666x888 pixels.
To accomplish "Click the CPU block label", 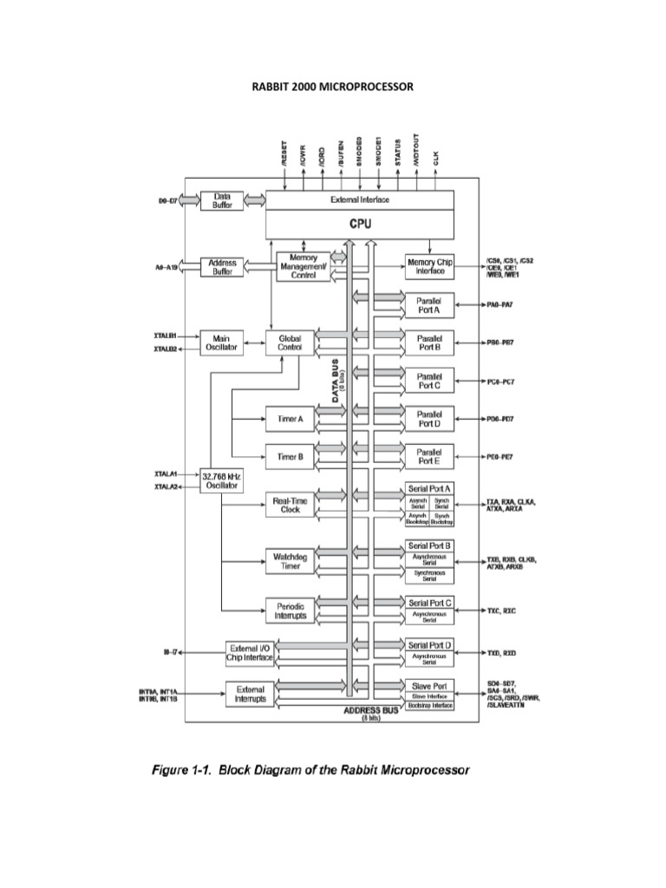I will point(359,224).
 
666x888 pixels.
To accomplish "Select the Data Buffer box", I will point(222,201).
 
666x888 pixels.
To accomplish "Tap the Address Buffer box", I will point(222,267).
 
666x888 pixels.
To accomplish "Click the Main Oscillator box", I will point(222,342).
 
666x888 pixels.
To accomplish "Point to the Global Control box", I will point(290,342).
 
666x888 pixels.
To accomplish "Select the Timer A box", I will point(290,419).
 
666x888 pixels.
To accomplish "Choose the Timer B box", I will point(290,455).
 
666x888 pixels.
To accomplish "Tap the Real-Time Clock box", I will point(290,506).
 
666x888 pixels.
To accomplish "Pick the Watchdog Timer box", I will point(290,560).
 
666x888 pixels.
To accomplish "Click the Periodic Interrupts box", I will point(290,610).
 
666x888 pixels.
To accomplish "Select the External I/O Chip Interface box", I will point(250,652).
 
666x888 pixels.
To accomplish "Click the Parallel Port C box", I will point(429,381).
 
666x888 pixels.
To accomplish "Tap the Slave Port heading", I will point(429,685).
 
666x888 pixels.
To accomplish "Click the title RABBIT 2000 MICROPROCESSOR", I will point(332,87).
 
